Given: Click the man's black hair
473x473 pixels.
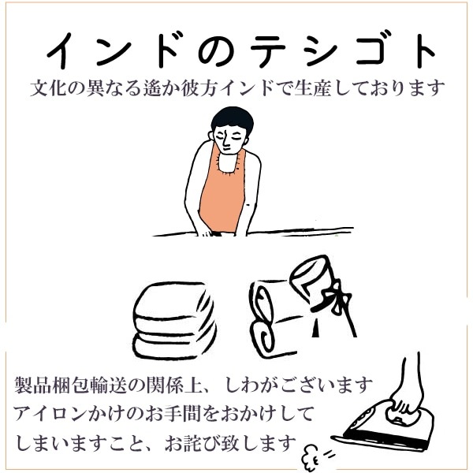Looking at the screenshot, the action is (232, 118).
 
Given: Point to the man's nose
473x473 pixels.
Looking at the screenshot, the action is (226, 145).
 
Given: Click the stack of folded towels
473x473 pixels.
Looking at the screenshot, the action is (174, 321).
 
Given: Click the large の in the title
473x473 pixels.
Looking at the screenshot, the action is (216, 51).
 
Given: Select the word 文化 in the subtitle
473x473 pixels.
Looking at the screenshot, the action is (49, 88).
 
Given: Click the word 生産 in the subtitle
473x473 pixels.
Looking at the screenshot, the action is (313, 88).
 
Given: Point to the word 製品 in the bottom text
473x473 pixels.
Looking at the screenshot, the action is (32, 385).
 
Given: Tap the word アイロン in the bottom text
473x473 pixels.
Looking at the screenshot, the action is (49, 414).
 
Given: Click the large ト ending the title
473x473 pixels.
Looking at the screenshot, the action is (423, 50).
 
